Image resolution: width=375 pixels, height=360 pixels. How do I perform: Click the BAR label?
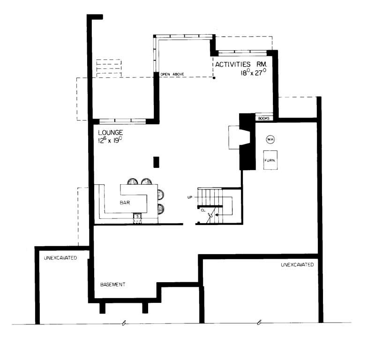124,203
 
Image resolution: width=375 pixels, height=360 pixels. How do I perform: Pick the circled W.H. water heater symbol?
270,139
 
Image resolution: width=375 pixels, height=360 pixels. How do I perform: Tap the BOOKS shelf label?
263,119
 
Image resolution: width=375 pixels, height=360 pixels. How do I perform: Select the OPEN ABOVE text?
172,74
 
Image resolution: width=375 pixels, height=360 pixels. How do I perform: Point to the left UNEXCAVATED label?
60,258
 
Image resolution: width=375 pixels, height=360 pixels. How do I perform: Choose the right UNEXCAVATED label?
297,265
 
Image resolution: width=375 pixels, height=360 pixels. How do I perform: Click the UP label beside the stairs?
190,197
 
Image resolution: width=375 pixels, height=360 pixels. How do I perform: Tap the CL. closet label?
203,210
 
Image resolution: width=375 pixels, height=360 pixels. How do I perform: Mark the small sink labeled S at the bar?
138,216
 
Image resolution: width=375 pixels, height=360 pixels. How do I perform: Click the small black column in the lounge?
157,162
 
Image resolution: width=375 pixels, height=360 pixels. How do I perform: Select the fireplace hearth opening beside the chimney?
234,136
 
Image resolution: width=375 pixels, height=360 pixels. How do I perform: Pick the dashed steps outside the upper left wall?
108,68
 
